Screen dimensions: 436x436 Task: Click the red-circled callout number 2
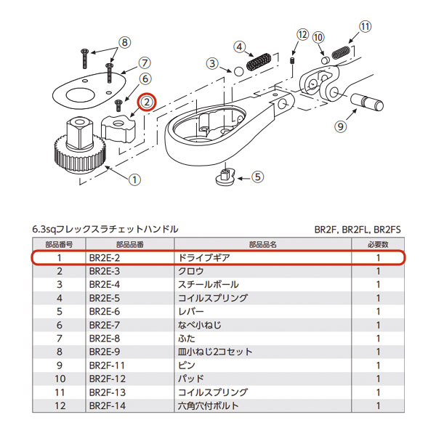148,102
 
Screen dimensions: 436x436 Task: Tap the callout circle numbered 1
134,178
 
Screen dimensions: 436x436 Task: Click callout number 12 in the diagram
302,34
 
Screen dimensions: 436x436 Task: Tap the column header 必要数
377,244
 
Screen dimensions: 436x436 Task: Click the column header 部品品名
262,244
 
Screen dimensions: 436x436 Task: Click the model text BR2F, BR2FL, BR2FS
358,229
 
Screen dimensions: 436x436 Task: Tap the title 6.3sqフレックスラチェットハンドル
105,229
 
